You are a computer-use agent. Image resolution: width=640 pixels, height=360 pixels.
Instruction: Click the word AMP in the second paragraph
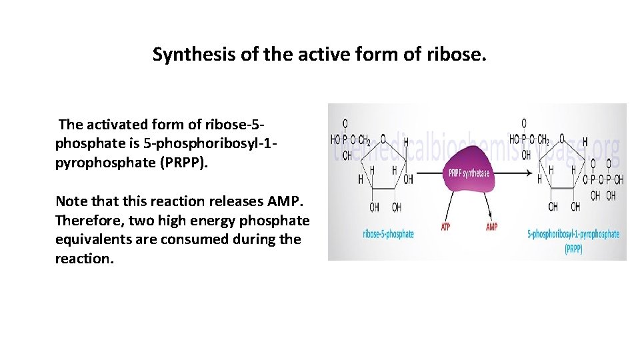(288, 201)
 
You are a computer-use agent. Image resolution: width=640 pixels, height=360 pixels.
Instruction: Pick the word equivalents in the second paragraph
(97, 239)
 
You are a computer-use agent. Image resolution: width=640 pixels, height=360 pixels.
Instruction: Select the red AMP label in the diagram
(491, 227)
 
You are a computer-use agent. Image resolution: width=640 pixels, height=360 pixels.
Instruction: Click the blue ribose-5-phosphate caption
(389, 234)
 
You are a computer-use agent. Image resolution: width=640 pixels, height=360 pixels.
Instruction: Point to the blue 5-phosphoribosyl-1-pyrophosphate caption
(573, 234)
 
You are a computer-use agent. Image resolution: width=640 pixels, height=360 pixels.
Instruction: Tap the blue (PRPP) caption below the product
(573, 249)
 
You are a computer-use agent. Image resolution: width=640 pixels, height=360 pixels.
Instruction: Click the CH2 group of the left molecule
(365, 140)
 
